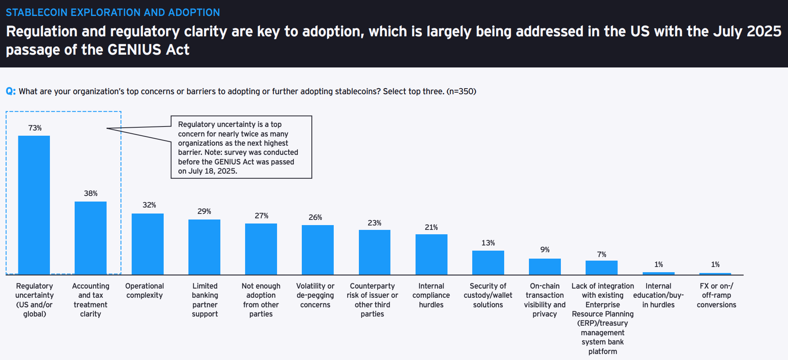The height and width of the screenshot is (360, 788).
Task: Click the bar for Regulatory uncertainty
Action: (34, 205)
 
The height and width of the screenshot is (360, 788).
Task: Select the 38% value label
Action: (91, 194)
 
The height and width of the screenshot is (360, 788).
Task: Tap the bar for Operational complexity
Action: (147, 244)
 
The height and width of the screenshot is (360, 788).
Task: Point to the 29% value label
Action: (204, 212)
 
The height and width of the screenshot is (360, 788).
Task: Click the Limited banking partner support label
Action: (205, 300)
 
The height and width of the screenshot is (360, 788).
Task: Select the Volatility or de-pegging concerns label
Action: (315, 295)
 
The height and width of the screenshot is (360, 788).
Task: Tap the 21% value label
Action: (431, 227)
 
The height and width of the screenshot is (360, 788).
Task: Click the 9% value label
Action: (545, 250)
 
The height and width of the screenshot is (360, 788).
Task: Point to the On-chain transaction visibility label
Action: (544, 300)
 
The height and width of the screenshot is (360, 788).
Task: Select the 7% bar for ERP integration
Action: (601, 267)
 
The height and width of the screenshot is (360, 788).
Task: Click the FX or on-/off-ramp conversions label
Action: (716, 295)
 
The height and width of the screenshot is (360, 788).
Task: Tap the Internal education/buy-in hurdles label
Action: (658, 295)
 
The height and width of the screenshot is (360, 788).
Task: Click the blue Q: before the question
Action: (11, 91)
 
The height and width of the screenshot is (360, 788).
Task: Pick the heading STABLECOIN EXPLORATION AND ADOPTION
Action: (113, 12)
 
